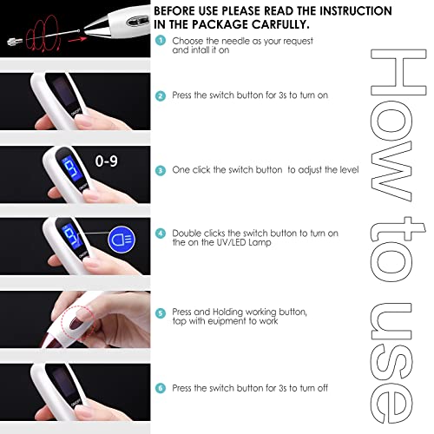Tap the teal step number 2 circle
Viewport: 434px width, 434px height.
tap(161, 95)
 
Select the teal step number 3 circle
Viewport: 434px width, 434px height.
tap(161, 171)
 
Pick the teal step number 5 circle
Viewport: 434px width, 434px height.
tap(161, 313)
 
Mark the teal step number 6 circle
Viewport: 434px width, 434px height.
tap(161, 388)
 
